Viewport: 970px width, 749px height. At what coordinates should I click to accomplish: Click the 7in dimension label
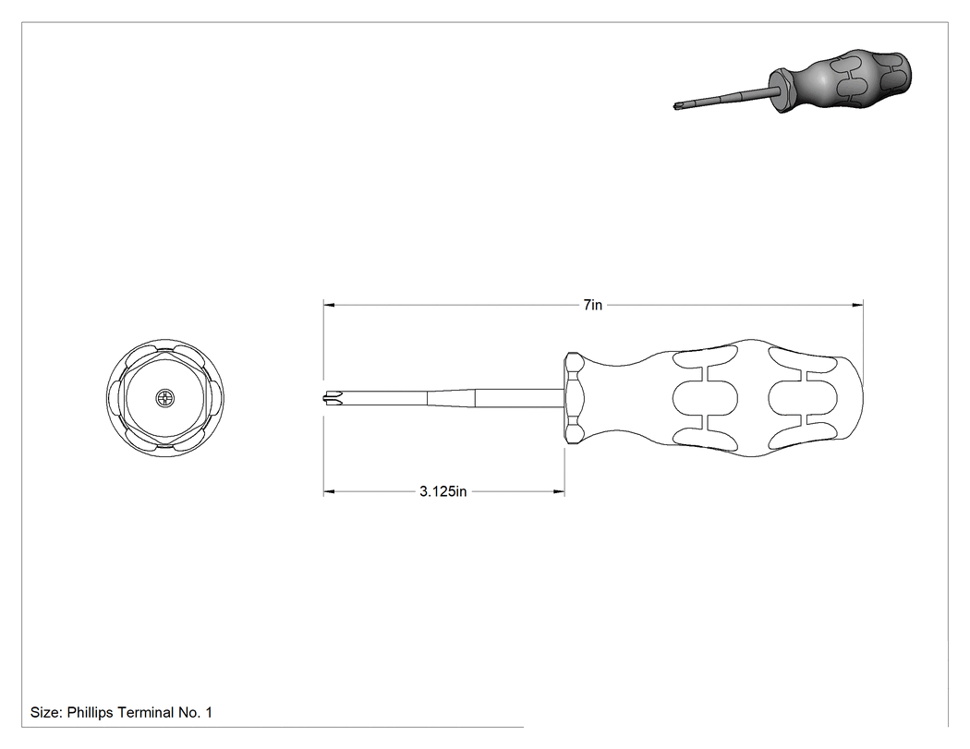[x=593, y=305]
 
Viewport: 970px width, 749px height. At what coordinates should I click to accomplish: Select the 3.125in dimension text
[x=443, y=491]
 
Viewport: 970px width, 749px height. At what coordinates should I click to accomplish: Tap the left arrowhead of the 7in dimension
[x=329, y=305]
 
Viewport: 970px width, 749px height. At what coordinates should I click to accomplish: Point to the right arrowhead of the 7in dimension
[x=857, y=305]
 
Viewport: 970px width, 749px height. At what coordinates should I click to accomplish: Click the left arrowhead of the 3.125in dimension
[x=329, y=491]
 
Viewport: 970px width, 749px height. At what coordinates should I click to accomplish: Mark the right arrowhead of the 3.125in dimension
[x=559, y=491]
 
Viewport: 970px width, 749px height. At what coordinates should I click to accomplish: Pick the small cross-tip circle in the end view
[x=165, y=398]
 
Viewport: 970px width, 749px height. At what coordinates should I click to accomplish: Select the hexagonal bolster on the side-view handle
[x=574, y=398]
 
